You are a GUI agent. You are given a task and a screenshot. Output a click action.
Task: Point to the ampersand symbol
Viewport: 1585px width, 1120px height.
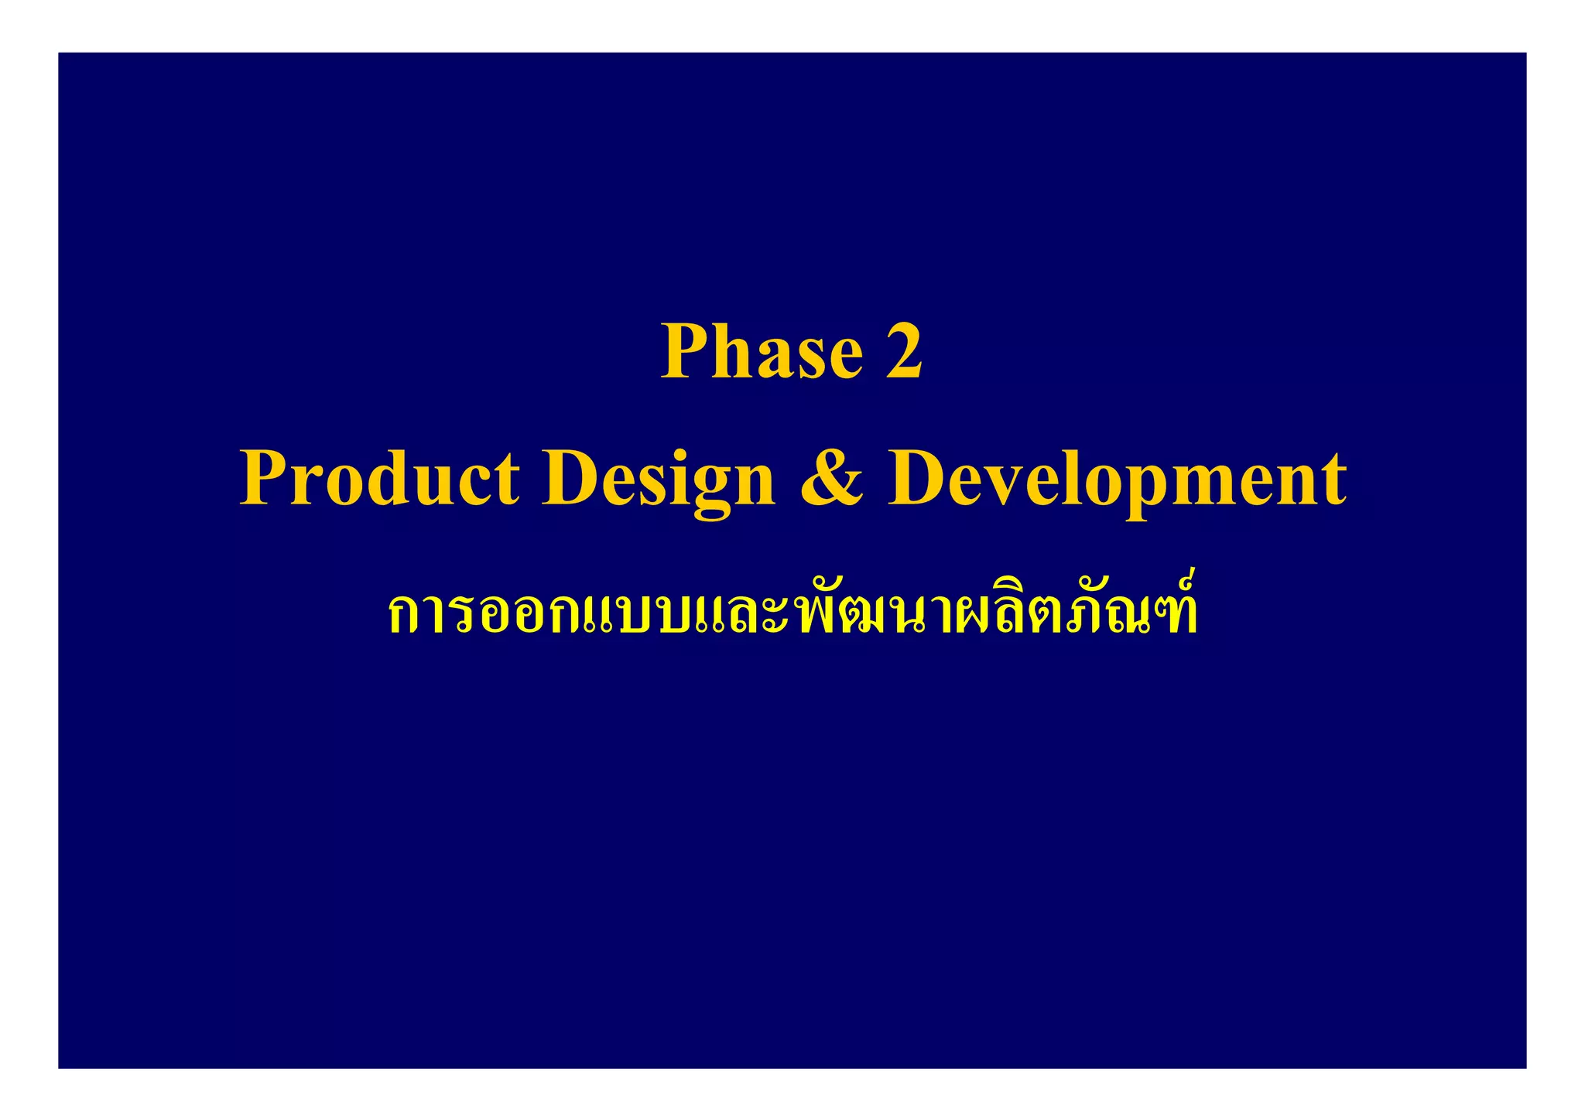[831, 479]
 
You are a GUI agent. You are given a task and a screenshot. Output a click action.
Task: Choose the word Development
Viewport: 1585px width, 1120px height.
[1117, 479]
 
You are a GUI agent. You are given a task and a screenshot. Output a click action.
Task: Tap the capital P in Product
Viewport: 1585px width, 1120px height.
[265, 479]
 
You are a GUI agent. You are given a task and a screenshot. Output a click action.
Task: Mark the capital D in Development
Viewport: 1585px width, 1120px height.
[916, 479]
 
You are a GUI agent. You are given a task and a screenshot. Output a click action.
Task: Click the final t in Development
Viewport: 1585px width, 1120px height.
[1333, 480]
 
